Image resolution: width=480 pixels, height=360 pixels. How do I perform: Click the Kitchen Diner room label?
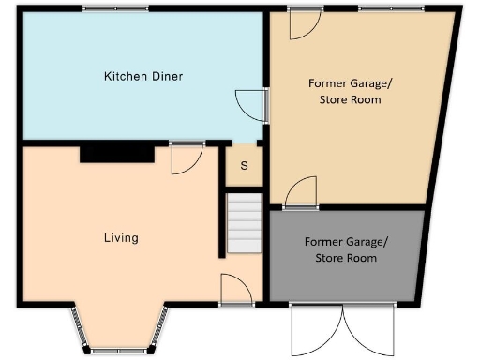[x=142, y=76]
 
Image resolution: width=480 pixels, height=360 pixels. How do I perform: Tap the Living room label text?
[x=121, y=238]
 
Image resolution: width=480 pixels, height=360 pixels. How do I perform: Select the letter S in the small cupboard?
[x=245, y=167]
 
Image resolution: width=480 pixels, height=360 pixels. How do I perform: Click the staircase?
[x=244, y=222]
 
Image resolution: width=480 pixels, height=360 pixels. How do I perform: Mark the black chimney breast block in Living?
[x=117, y=153]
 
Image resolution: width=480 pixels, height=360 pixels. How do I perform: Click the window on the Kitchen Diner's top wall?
[x=114, y=8]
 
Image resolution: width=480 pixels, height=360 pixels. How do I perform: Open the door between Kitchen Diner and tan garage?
[x=251, y=104]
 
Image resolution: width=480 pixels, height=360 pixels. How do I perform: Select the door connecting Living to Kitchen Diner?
[x=187, y=157]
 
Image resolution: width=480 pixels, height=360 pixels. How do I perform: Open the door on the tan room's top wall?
[x=305, y=22]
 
